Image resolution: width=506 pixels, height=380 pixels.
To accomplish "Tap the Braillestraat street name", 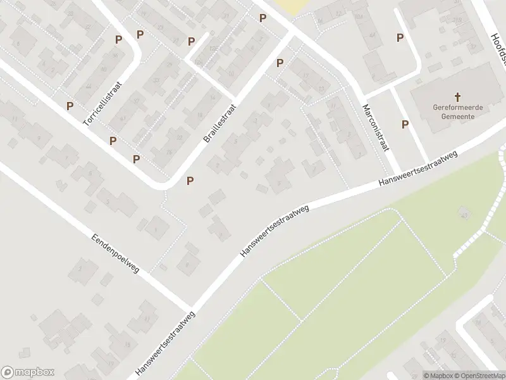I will click(x=219, y=123).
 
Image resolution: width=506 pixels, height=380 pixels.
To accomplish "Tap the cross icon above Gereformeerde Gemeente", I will click(x=457, y=97).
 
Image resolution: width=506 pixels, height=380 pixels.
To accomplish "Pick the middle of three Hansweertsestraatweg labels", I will click(x=275, y=230).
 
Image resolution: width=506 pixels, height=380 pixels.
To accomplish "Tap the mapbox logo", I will click(x=28, y=372).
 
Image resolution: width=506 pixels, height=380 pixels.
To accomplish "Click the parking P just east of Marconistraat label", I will click(x=405, y=125).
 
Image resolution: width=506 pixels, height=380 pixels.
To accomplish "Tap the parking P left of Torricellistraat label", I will click(x=70, y=106).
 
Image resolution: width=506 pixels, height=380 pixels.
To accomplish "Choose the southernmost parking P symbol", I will click(x=190, y=181).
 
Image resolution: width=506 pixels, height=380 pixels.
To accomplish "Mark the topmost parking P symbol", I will click(x=262, y=18).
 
